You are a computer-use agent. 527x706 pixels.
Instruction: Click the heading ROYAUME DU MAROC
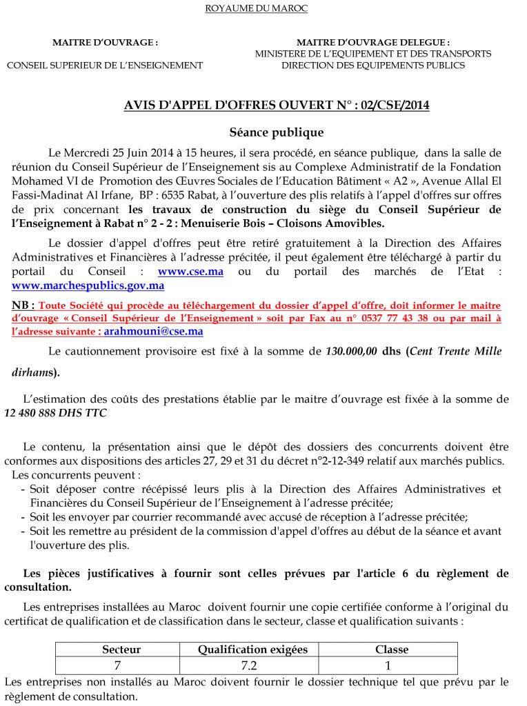(257, 9)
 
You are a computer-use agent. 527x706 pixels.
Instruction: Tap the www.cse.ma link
(190, 272)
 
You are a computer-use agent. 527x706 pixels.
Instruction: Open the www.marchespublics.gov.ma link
(88, 285)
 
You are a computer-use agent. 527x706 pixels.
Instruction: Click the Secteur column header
(121, 649)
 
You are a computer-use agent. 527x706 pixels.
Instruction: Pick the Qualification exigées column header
(253, 649)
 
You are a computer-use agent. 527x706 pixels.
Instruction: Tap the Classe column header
(392, 649)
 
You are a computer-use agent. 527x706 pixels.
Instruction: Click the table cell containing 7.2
(253, 665)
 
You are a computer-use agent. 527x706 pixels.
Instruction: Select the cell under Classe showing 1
(388, 665)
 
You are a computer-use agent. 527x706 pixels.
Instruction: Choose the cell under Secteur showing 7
(117, 665)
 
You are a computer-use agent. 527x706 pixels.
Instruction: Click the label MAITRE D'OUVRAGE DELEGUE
(373, 43)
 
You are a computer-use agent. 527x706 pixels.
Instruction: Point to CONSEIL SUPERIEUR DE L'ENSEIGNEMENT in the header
(105, 65)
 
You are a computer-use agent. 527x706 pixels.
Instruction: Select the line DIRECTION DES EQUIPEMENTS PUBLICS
(373, 65)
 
